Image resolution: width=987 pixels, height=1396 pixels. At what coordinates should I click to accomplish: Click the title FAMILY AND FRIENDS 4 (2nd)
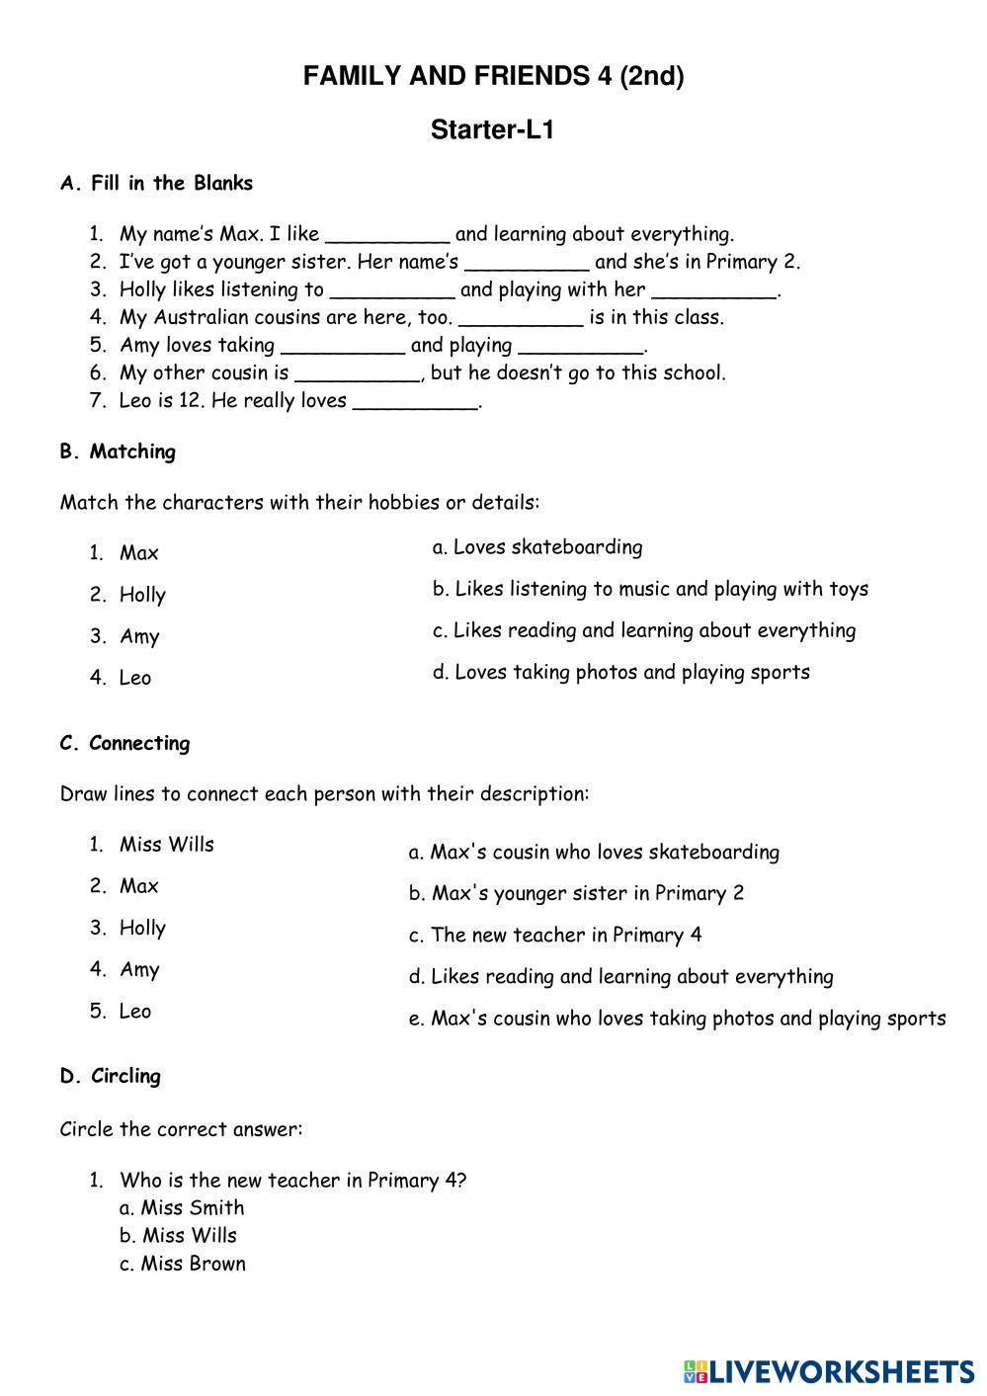493,76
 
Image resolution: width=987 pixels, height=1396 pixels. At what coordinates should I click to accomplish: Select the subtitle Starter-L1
492,129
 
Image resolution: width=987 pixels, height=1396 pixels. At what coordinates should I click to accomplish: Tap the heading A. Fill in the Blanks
156,183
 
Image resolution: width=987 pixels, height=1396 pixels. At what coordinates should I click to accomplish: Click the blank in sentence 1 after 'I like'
387,236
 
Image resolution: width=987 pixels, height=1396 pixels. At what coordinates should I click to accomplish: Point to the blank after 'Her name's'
527,264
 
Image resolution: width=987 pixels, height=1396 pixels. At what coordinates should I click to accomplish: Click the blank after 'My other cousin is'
357,374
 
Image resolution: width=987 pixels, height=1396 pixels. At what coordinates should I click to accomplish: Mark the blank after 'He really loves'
414,402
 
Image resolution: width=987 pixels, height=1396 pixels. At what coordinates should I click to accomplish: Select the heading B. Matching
118,452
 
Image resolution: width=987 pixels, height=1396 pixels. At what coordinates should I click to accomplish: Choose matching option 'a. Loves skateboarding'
537,547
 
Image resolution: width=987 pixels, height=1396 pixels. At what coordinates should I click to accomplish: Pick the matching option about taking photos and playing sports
620,672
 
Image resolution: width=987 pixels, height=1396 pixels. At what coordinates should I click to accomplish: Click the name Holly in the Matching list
142,595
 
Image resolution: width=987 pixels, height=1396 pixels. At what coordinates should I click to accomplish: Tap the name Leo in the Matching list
135,678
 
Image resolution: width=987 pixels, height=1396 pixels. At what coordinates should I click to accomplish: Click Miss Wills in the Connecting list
166,845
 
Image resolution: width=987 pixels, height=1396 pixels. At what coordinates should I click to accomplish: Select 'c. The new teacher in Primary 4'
555,935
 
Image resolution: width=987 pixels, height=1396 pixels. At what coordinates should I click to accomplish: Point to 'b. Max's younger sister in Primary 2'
576,893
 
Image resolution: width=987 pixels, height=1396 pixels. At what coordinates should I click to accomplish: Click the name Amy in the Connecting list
139,969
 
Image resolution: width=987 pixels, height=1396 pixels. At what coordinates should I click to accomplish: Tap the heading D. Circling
110,1076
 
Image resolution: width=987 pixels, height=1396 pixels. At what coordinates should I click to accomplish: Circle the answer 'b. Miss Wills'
179,1235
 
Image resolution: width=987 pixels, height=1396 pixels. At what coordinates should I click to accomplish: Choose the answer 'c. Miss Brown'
183,1264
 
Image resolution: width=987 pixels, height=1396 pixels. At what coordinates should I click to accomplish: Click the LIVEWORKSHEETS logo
828,1371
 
